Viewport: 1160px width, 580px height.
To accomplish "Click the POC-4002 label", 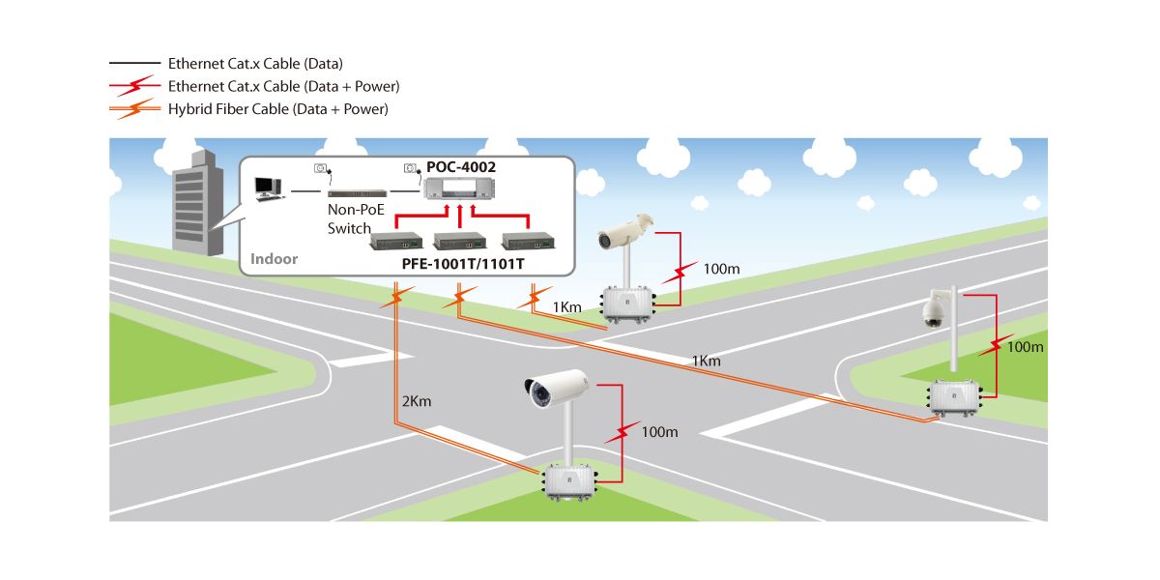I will coord(461,167).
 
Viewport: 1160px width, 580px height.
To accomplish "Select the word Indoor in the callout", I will coord(275,259).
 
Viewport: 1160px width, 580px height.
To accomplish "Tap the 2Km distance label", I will coord(417,400).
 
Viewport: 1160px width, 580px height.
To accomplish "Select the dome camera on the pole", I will coord(932,312).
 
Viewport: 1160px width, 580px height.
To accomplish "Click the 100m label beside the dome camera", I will coord(1026,346).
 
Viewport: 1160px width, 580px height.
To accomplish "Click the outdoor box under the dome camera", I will coord(955,398).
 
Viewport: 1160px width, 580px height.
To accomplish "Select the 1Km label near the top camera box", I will coord(566,307).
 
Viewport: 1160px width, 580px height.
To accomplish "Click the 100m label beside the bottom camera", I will coord(659,431).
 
